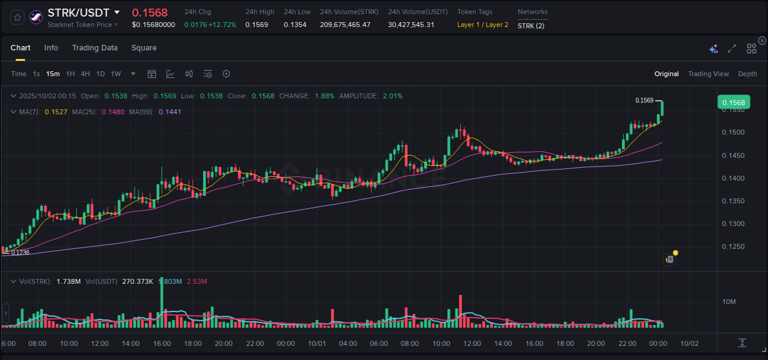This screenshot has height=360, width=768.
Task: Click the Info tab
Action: [x=51, y=48]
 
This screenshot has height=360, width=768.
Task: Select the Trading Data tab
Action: [x=95, y=48]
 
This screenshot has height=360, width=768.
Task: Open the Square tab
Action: [x=144, y=48]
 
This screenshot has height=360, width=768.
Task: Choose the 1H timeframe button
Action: [x=70, y=74]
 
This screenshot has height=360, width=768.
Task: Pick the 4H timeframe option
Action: [x=85, y=74]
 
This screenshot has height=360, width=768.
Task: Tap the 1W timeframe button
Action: [x=116, y=74]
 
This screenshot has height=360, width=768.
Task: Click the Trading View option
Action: [x=708, y=74]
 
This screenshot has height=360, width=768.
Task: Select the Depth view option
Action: [x=747, y=74]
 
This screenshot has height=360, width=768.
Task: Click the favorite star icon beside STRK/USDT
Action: [x=18, y=17]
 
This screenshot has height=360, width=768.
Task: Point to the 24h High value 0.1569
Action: [x=256, y=25]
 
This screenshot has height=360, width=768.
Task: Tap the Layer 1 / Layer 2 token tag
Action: [x=482, y=25]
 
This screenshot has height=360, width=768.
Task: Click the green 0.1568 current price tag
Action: [x=733, y=103]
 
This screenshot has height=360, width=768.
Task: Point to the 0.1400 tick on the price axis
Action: [x=733, y=178]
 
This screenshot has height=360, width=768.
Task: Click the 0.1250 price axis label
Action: [x=733, y=247]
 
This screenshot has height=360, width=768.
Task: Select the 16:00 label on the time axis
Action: [x=162, y=343]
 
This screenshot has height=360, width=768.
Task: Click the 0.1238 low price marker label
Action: [x=20, y=252]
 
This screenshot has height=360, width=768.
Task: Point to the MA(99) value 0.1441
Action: [x=170, y=112]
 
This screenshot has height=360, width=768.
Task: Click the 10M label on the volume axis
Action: [x=729, y=302]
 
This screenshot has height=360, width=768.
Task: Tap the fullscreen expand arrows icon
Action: [x=732, y=49]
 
